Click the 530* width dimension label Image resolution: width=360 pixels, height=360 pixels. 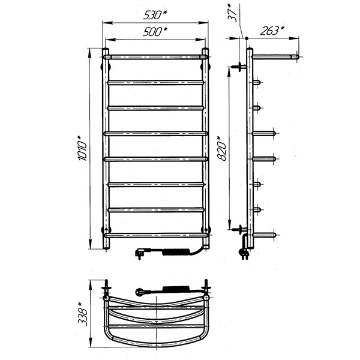(155, 15)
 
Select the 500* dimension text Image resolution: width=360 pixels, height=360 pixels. (155, 31)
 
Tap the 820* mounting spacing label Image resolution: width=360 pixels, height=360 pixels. (221, 149)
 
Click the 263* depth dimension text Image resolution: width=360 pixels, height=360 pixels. (272, 31)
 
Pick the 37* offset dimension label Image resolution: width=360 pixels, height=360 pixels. (232, 13)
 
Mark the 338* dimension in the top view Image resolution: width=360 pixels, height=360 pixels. (82, 314)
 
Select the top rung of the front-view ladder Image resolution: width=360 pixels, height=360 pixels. (156, 57)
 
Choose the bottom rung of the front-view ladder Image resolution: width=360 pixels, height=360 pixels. (156, 235)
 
